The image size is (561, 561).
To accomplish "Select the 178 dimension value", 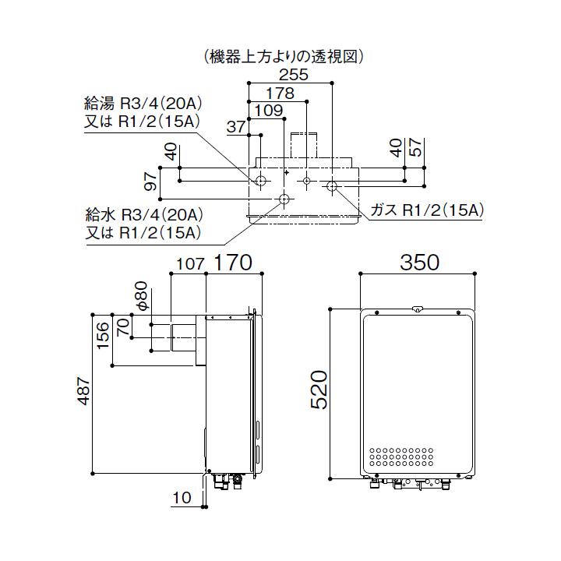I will coord(286,93).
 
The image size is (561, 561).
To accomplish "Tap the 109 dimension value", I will coord(269,111).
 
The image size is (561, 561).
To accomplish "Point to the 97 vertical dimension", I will coord(151,182).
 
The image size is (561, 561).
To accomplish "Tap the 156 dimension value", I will coord(103,335).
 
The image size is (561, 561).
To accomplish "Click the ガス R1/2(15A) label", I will coord(428,210).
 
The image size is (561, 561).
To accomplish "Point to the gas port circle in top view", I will coord(332,186).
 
